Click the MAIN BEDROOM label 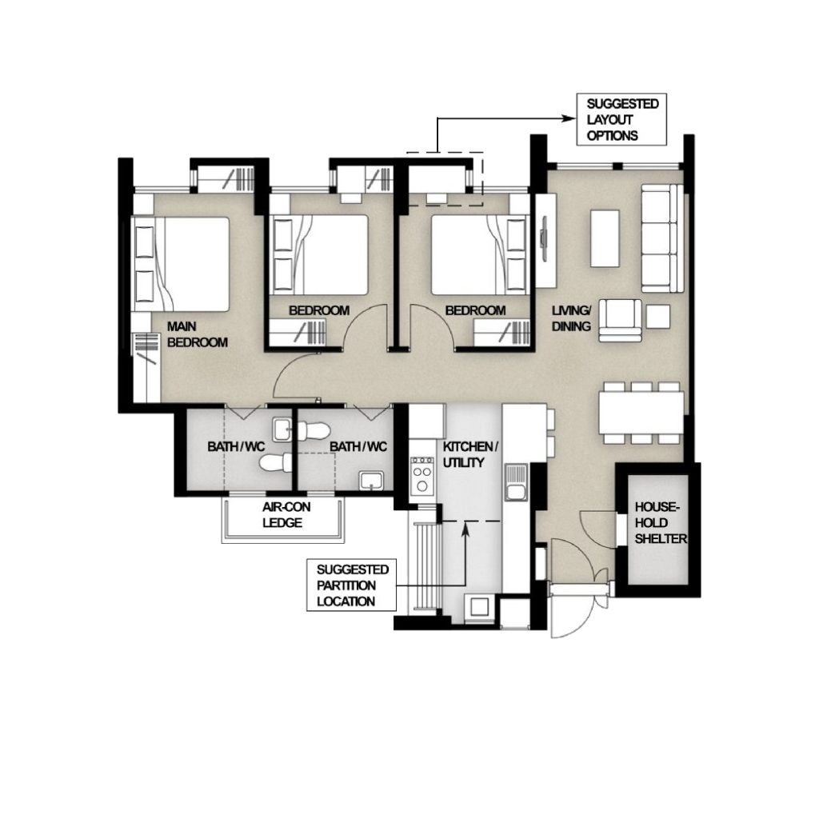click(198, 334)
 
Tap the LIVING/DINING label click(571, 318)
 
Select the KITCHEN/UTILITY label click(470, 454)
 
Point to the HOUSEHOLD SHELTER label click(660, 523)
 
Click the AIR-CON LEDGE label click(286, 514)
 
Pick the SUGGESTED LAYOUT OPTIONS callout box click(621, 120)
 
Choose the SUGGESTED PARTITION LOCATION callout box click(352, 585)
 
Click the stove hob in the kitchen click(422, 475)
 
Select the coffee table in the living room click(605, 238)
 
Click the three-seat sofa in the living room click(661, 238)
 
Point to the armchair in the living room click(620, 320)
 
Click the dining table click(641, 413)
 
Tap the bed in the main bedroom click(181, 264)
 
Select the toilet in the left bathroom click(276, 462)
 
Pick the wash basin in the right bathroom click(371, 481)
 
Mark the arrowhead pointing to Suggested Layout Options click(571, 118)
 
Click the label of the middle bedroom click(319, 310)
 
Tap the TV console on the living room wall click(545, 240)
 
